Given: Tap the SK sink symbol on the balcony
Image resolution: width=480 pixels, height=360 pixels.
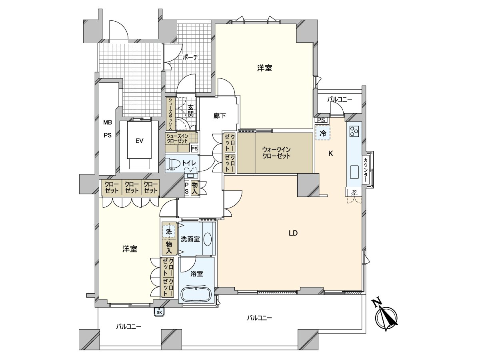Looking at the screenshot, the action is pos(159,312).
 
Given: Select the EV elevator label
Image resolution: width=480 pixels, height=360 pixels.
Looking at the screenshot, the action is pos(139,141).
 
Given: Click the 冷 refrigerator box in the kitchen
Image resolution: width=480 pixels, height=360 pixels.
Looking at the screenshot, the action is pos(322,133).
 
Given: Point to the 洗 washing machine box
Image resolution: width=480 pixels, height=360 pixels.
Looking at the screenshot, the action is pos(169,232).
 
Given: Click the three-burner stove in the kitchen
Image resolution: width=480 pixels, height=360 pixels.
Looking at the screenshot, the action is pos(354,131).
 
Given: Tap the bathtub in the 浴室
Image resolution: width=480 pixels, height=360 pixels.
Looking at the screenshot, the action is pos(196,294).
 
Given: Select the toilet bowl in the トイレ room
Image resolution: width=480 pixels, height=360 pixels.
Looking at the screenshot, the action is pos(171,164).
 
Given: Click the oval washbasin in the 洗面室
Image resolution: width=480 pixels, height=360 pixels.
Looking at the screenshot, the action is pos(208,239).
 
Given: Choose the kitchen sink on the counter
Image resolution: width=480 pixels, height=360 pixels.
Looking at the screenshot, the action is pos(354,172).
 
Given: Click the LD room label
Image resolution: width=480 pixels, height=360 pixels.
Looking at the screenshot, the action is pos(293,233).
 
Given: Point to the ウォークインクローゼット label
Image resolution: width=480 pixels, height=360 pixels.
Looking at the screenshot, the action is pos(276,153).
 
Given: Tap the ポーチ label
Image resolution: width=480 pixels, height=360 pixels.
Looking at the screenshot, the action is pos(190,57).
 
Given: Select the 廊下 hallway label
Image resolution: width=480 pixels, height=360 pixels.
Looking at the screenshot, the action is pos(220,116).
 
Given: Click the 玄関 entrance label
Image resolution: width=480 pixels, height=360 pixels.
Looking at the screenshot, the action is pos(190,111).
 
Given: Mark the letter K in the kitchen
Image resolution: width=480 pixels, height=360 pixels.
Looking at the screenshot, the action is pos(331,154).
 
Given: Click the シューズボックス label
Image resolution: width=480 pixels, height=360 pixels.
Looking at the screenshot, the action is pos(170,114).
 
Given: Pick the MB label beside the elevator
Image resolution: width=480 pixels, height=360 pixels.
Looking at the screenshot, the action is pos(107,123).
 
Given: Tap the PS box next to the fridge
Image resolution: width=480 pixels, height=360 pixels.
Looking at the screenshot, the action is pos(321,120).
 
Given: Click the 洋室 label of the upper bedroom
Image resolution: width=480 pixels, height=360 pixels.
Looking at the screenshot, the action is pos(265,68).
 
